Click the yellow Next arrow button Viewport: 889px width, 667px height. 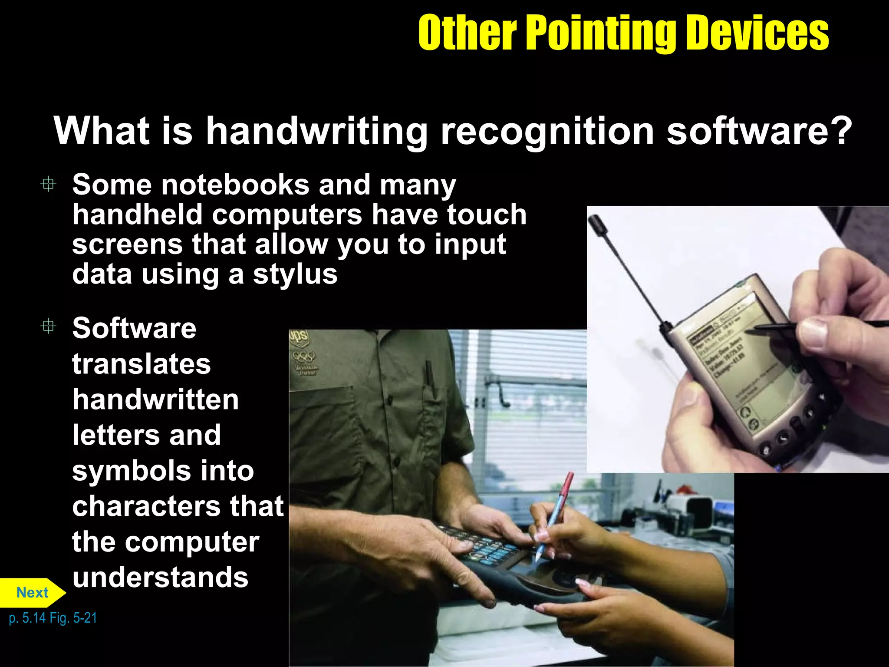[33, 592]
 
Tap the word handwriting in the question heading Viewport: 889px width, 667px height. [316, 131]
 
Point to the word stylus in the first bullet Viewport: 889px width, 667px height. [295, 275]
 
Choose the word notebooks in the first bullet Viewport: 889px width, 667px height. [235, 185]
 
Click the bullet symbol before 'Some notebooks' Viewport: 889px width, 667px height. [48, 184]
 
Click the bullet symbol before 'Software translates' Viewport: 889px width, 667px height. [48, 326]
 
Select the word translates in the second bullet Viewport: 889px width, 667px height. [142, 364]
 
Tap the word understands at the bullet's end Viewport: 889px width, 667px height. [160, 578]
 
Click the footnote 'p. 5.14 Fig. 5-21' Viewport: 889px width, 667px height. [53, 617]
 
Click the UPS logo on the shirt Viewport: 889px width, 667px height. [299, 336]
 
